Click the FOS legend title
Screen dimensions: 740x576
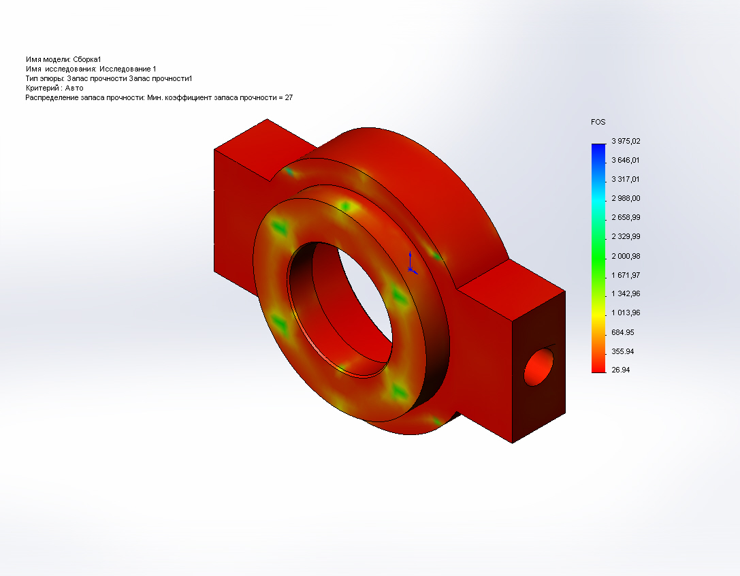point(598,122)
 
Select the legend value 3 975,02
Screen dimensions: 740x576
point(626,141)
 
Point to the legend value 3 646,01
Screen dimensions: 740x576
point(626,160)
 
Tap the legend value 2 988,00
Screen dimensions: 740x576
point(626,198)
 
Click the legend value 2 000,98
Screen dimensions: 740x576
point(626,256)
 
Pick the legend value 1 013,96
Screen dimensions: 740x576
point(626,313)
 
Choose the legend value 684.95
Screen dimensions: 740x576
point(622,332)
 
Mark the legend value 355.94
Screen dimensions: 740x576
point(622,351)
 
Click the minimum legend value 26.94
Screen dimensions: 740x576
point(621,370)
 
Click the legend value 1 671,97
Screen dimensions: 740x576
point(626,275)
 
